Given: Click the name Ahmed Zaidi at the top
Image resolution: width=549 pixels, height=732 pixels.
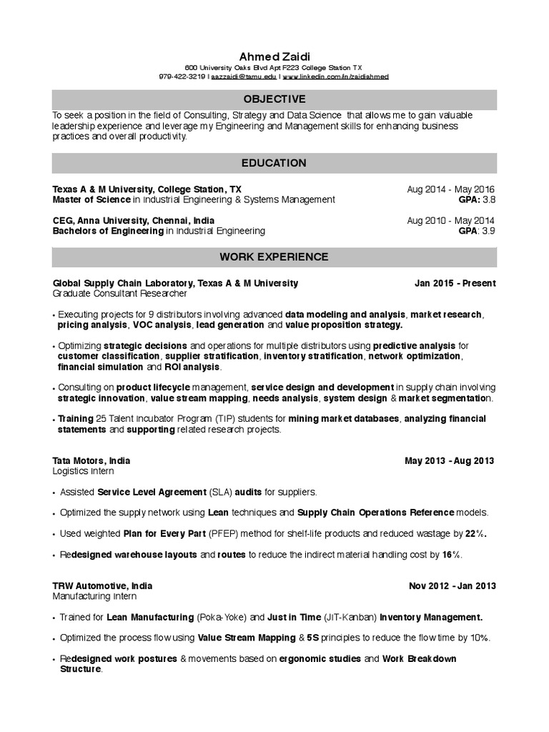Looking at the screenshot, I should click(x=274, y=56).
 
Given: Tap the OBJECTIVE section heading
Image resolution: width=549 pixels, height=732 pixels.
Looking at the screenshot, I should click(x=274, y=99).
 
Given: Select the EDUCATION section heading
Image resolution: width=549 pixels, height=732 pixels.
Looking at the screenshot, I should click(x=274, y=163).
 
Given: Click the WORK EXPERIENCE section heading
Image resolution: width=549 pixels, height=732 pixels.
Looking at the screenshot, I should click(x=274, y=257).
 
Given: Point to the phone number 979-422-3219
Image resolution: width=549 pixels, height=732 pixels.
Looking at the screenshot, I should click(x=182, y=76).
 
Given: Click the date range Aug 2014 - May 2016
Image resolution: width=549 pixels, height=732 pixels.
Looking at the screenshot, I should click(x=451, y=189).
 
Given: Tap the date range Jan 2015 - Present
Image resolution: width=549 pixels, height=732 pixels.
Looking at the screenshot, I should click(x=455, y=283).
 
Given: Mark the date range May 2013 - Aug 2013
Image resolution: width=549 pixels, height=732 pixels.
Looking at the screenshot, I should click(x=450, y=461).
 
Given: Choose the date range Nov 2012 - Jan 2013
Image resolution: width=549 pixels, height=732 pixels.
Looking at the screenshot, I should click(x=452, y=586).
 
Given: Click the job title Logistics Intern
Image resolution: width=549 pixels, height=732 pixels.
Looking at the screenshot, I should click(x=83, y=472).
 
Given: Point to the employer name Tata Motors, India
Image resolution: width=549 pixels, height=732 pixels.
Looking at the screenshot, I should click(x=91, y=461).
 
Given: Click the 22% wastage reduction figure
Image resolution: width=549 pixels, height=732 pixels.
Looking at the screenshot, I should click(x=475, y=534).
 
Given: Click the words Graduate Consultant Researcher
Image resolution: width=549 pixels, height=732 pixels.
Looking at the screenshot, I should click(x=119, y=294).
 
